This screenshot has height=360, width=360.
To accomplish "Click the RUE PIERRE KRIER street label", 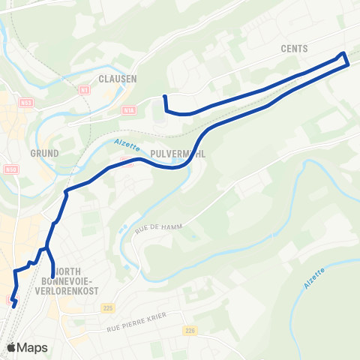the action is click(135, 328).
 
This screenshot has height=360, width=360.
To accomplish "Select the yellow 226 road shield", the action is click(189, 330).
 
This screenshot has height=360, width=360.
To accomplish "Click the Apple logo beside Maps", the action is click(11, 347).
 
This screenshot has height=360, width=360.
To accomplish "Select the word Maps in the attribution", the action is click(33, 347).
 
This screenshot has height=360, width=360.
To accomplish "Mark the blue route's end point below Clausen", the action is click(164, 97).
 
